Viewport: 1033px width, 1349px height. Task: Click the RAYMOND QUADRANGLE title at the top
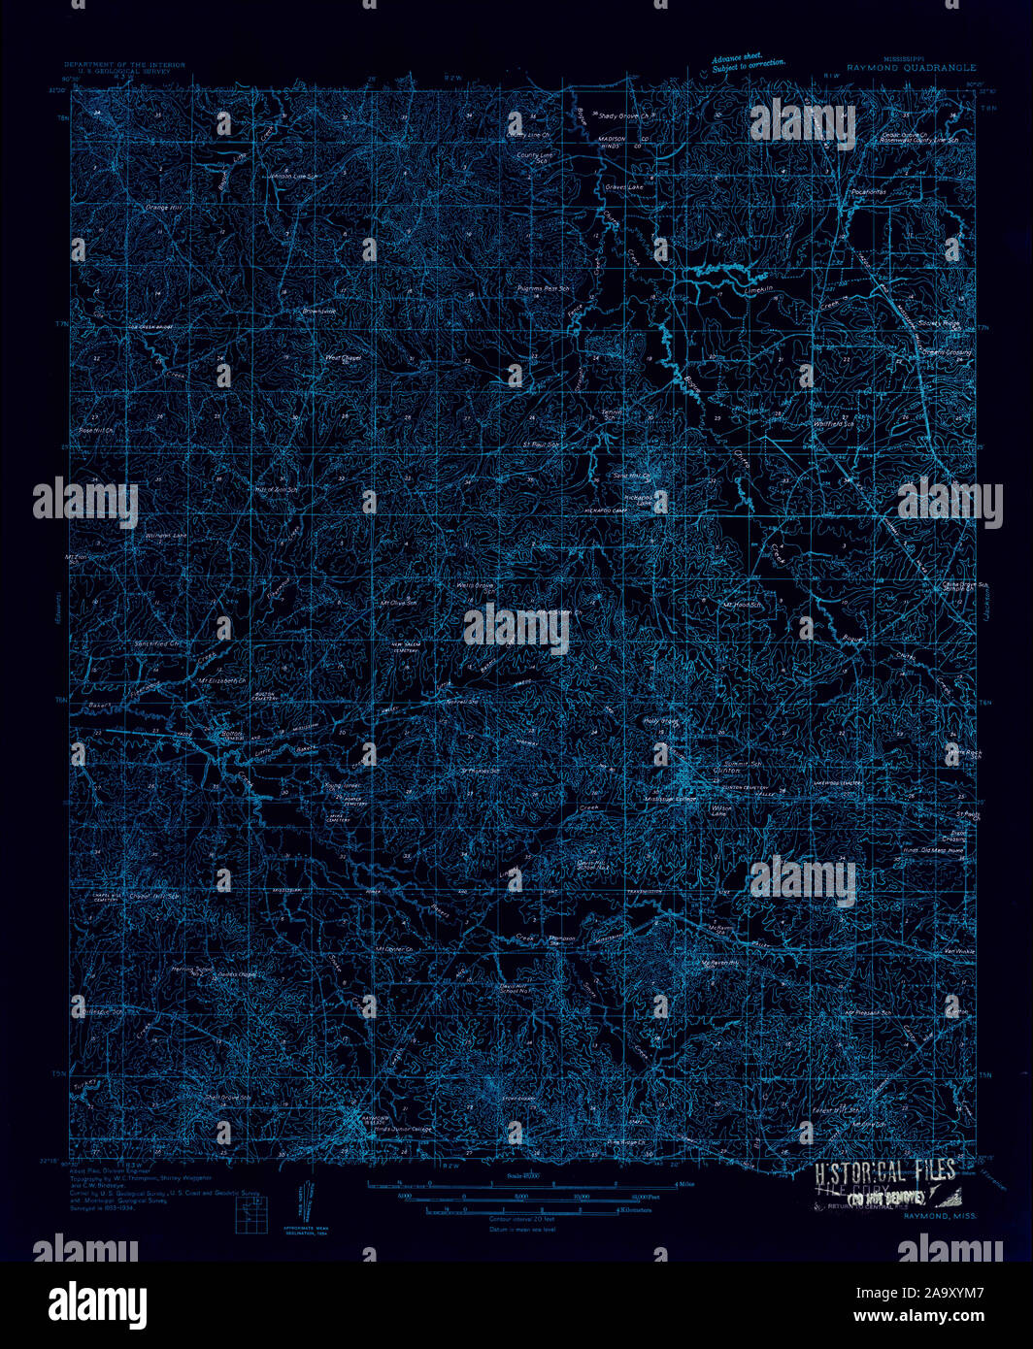pyautogui.click(x=911, y=69)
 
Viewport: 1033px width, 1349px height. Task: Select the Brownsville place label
pyautogui.click(x=317, y=312)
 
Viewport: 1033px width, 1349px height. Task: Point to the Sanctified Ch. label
pyautogui.click(x=157, y=643)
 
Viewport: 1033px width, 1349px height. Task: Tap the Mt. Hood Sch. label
pyautogui.click(x=741, y=605)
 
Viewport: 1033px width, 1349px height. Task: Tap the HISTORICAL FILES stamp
pyautogui.click(x=885, y=1170)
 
